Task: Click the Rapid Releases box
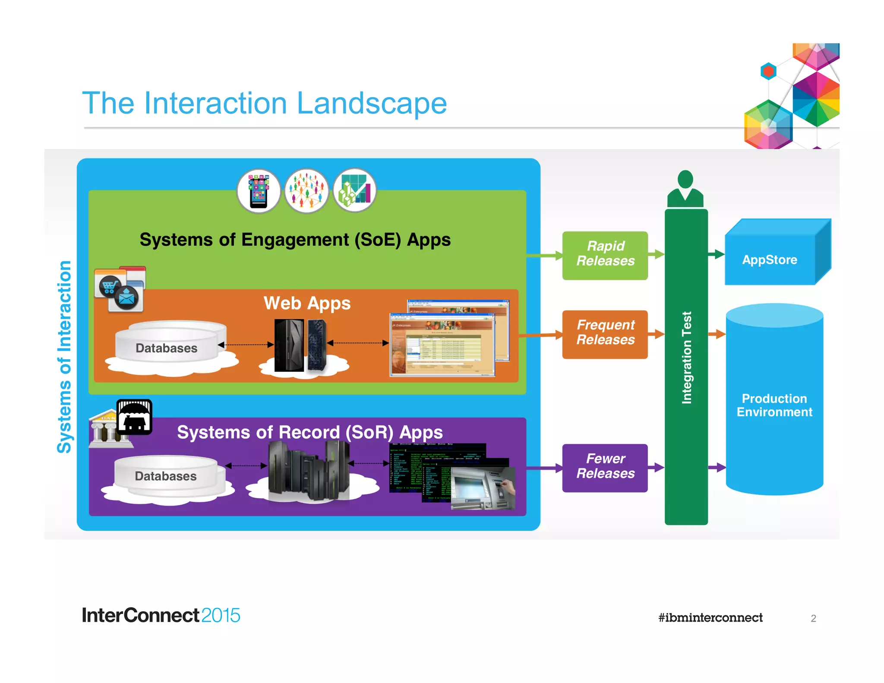coord(605,255)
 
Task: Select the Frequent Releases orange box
coord(605,334)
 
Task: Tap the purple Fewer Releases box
coord(605,468)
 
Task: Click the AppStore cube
coord(770,259)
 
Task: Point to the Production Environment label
coord(774,405)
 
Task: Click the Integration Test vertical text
coord(686,357)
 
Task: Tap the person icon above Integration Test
coord(685,190)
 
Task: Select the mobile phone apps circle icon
coord(259,191)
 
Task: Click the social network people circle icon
coord(306,191)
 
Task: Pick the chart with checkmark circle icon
coord(354,191)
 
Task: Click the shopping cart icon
coord(110,286)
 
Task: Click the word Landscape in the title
coord(372,104)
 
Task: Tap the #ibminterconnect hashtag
coord(710,618)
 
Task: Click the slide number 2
coord(813,619)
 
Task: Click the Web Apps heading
coord(307,303)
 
